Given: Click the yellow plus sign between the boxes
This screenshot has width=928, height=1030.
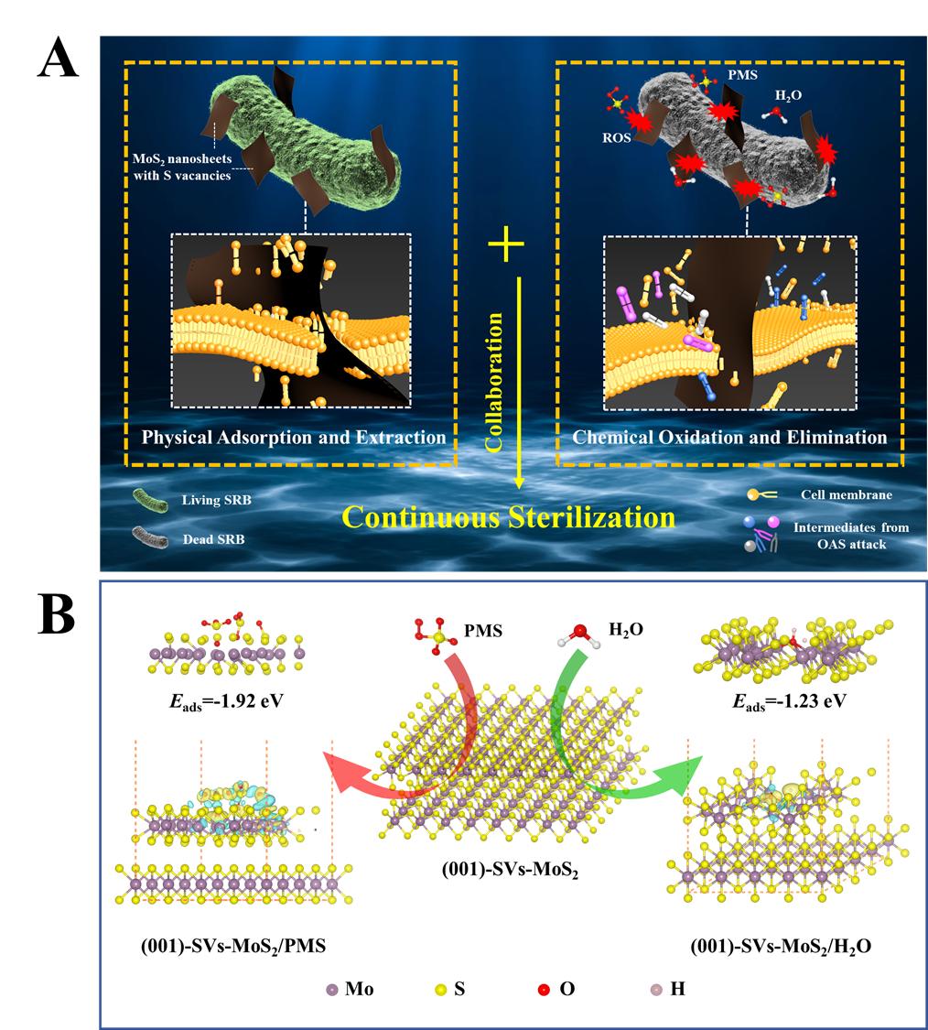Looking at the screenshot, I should tap(506, 250).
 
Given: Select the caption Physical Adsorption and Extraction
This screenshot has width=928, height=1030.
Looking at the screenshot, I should tap(293, 437).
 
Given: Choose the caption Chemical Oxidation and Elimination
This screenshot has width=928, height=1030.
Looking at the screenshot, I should tap(729, 437).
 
